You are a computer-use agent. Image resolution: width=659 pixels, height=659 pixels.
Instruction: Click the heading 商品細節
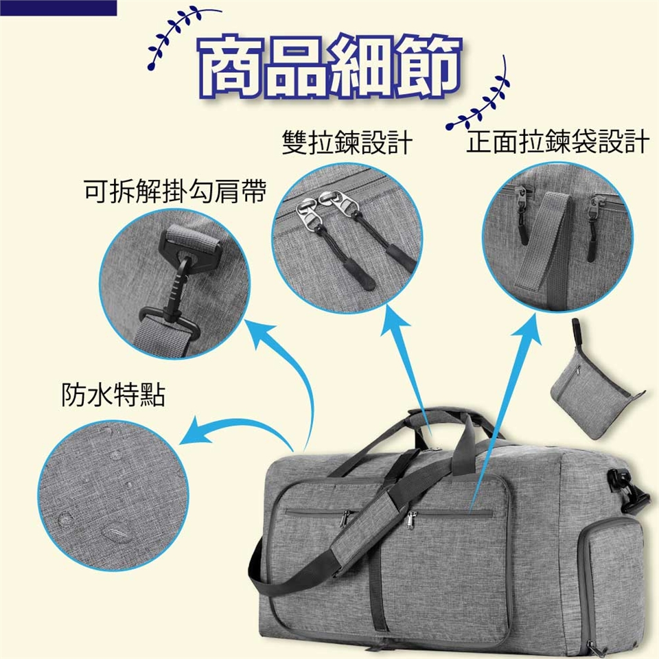tap(330, 67)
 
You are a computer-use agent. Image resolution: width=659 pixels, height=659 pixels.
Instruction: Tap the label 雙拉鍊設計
tap(347, 142)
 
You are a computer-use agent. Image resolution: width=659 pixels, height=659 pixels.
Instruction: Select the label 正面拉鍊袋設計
tap(557, 141)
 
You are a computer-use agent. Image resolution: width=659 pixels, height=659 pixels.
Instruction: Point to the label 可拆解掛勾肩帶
tap(175, 192)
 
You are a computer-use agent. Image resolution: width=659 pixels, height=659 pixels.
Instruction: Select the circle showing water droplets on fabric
tap(113, 496)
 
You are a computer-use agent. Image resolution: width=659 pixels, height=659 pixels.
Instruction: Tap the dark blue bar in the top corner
tap(58, 8)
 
